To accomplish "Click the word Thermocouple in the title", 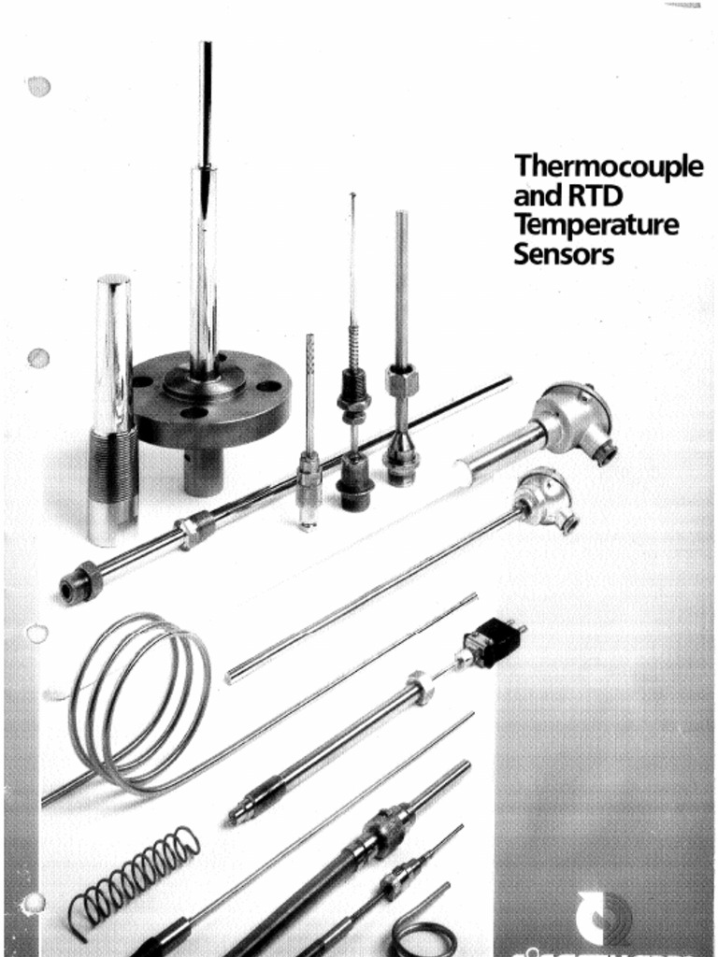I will (608, 169).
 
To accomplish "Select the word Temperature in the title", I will (596, 226).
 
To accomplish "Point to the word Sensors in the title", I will (563, 254).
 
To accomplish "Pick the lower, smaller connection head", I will (548, 500).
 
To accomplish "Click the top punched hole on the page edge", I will (38, 87).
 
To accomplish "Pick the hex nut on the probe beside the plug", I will (422, 687).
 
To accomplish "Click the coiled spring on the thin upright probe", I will (354, 347).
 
